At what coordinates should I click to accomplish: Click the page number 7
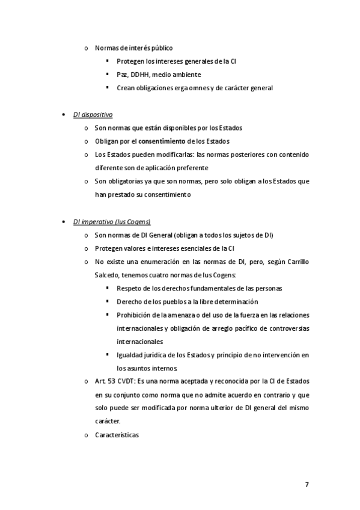[307, 485]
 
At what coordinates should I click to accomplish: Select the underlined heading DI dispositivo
[93, 114]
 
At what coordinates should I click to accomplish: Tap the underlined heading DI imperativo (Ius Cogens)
[112, 221]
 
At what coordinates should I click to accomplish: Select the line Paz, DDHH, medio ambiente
[159, 74]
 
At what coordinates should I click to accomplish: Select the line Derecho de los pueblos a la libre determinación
[187, 301]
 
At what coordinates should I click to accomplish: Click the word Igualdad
[130, 355]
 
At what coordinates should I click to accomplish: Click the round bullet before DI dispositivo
[64, 114]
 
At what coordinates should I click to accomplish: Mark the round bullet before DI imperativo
[64, 221]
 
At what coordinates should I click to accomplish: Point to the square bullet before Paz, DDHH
[108, 74]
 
